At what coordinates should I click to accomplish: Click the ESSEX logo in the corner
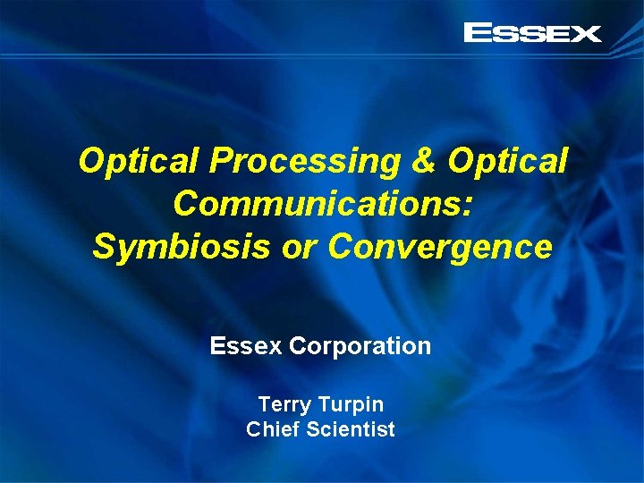click(532, 34)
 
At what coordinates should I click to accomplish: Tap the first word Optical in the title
click(140, 162)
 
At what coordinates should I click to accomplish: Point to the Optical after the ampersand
click(507, 162)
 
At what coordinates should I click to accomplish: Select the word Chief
click(273, 429)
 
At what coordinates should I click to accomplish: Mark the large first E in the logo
click(477, 34)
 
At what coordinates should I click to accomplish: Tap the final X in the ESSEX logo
click(586, 34)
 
